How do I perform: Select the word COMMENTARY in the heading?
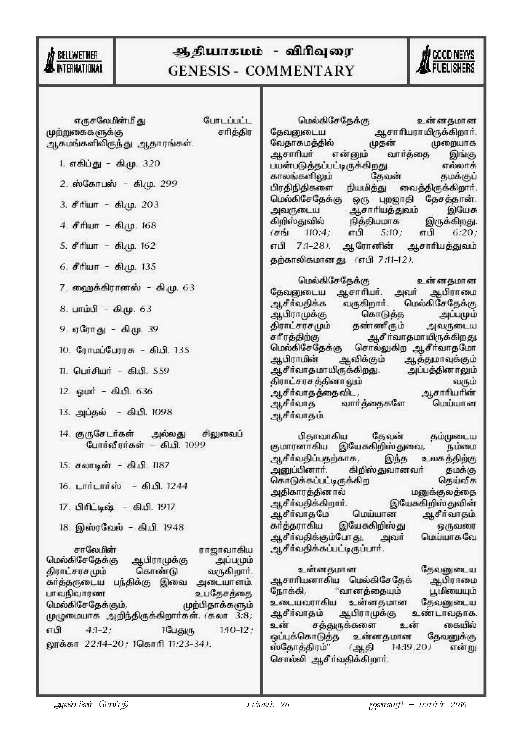click(299, 71)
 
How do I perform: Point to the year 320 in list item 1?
click(151, 164)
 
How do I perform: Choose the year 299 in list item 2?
click(169, 184)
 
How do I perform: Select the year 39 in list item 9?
click(153, 329)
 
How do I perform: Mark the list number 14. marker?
click(64, 434)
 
